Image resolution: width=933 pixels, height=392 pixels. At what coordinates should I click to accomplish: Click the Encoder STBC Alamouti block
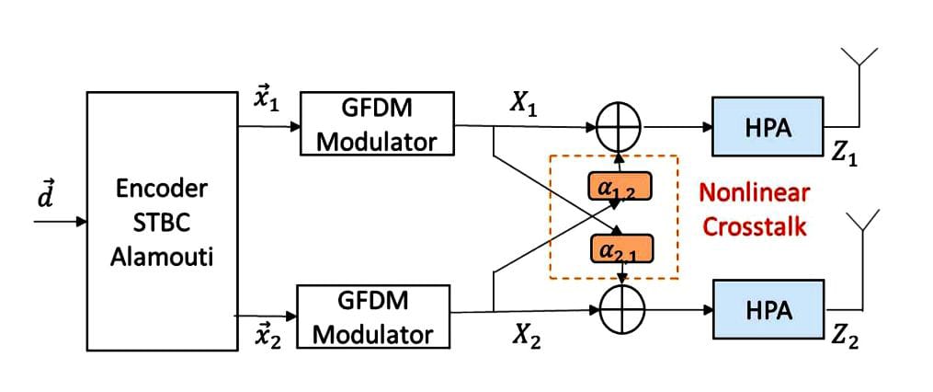click(161, 222)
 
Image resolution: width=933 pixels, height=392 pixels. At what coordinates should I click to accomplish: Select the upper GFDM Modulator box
click(377, 123)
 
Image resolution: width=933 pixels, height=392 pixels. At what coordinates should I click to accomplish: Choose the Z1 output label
click(844, 155)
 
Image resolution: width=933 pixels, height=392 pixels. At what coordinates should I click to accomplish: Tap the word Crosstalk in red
click(755, 225)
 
